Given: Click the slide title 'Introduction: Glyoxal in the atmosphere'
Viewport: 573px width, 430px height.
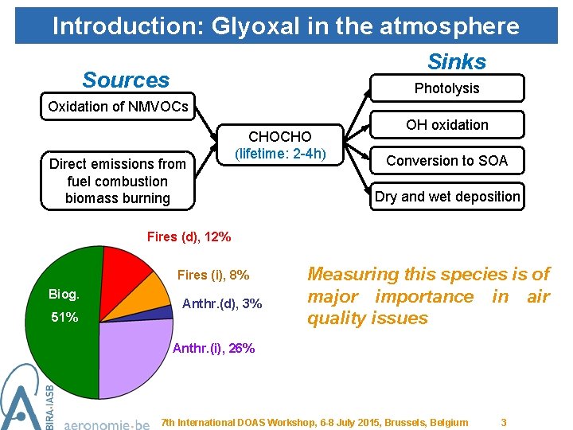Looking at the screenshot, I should (x=286, y=25).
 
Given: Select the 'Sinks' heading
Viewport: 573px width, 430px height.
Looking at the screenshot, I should (x=457, y=61).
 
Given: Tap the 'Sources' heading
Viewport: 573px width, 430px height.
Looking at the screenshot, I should (x=126, y=80).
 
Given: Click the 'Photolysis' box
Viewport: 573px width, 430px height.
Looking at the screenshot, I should (x=446, y=88).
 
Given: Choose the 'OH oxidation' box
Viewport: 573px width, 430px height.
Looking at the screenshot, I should (x=446, y=125).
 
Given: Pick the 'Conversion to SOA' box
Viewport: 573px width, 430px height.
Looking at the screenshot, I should (x=446, y=161).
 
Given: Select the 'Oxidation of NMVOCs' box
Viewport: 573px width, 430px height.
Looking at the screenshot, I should (x=118, y=107).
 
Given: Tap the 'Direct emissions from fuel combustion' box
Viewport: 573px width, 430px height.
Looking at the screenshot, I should (x=118, y=181).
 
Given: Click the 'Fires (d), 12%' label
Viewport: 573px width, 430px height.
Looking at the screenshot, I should (x=189, y=236).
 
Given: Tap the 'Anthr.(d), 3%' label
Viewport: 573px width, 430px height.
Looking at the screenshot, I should (x=222, y=303).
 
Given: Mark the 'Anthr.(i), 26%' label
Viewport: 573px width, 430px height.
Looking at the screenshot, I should (x=213, y=348).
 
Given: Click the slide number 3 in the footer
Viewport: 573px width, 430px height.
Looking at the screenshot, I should (x=503, y=422).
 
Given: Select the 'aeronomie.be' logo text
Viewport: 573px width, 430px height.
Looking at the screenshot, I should (x=106, y=423).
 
